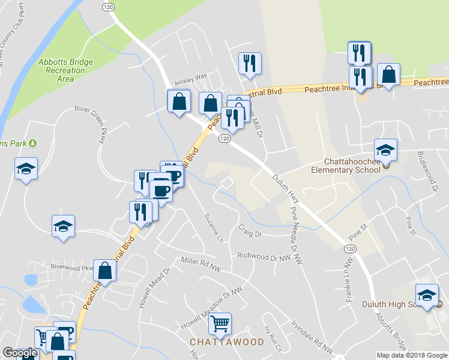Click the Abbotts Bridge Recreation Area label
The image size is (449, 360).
point(65,70)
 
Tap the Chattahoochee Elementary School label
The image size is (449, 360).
point(352,165)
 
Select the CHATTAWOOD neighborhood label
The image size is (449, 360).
point(227,342)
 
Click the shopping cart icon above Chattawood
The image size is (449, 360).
point(220,324)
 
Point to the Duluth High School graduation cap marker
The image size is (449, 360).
point(427,295)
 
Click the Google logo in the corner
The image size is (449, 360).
point(19,353)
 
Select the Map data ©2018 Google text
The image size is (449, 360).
point(411,355)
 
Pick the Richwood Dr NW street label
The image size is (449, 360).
point(264,256)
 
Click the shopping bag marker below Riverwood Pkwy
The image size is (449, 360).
point(105,271)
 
